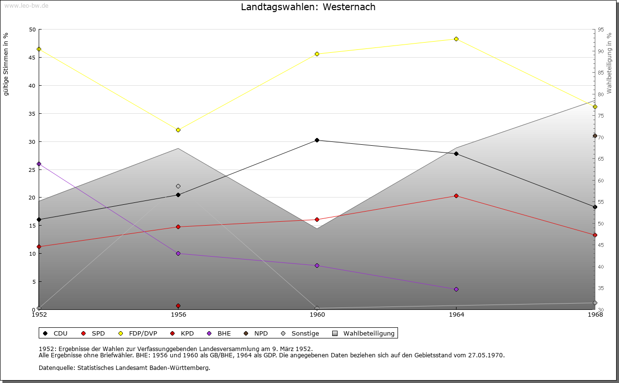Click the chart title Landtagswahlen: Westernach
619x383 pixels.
308,7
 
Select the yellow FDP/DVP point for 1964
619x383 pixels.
456,39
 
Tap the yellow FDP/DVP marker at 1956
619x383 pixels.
178,130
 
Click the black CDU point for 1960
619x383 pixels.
317,140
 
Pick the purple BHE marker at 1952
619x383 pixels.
39,164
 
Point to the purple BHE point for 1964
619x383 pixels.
456,290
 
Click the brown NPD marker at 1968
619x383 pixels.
595,136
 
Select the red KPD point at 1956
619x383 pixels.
178,306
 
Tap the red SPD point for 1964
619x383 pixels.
456,196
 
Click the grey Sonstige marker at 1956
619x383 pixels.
178,186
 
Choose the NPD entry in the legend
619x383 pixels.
255,334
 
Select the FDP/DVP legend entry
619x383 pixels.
138,334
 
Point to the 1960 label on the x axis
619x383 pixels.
317,315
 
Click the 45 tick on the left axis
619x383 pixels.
32,58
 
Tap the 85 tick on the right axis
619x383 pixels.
601,73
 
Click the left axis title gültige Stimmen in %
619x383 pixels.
6,64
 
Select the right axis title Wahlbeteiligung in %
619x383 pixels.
609,63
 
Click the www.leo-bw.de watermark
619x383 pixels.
26,5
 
